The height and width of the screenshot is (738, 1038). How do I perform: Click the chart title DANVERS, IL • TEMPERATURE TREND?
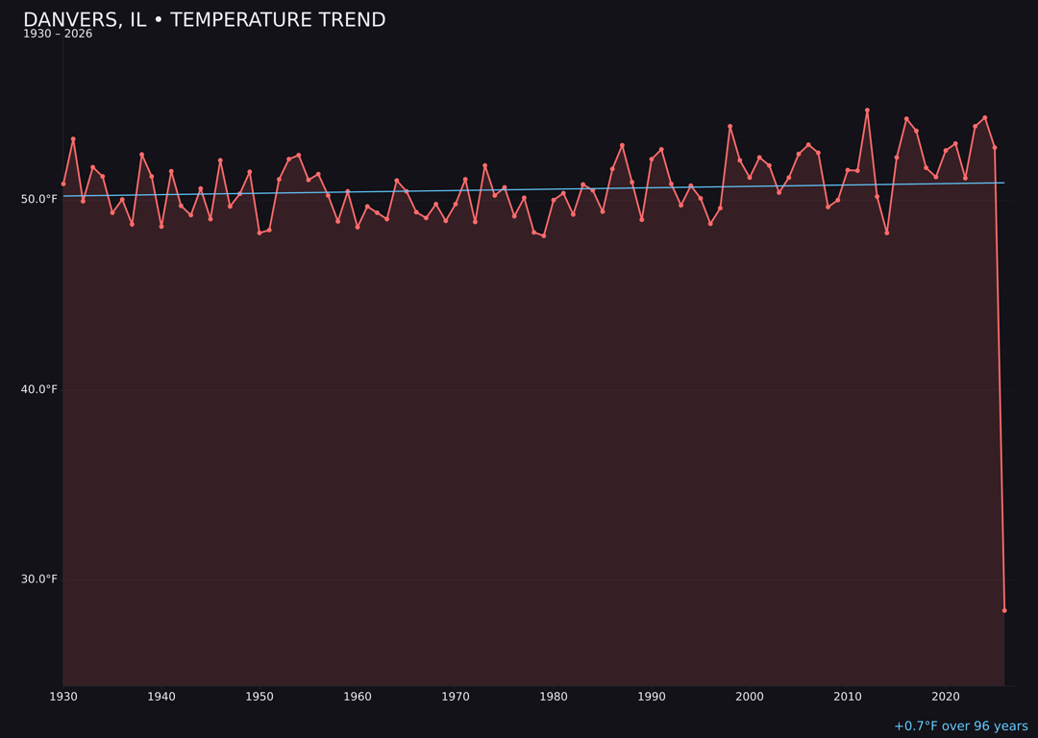[x=204, y=20]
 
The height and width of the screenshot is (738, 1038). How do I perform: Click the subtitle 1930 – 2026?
[x=58, y=35]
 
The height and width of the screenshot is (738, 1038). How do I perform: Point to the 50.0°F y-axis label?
[x=39, y=199]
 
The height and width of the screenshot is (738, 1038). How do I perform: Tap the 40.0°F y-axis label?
[x=39, y=389]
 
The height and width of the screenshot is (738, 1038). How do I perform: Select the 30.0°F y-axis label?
[x=39, y=578]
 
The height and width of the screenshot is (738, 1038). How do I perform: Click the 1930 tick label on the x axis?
[x=62, y=696]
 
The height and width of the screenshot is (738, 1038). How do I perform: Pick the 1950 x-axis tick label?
[x=259, y=696]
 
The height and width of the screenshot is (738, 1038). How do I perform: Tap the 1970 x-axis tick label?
[x=456, y=696]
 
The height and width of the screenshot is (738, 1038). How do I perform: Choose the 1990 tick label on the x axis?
[x=652, y=696]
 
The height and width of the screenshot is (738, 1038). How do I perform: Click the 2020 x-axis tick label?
[x=946, y=696]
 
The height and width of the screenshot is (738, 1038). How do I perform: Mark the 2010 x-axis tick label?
[x=848, y=696]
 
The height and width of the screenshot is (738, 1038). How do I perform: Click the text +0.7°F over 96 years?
[x=960, y=726]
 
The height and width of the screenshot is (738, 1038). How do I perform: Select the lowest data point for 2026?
[x=1004, y=610]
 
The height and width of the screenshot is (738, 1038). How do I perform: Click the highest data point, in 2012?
[x=867, y=111]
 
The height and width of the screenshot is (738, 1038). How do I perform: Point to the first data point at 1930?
[x=63, y=184]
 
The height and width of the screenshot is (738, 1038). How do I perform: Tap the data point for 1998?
[x=729, y=126]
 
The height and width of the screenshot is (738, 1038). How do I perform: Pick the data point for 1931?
[x=73, y=139]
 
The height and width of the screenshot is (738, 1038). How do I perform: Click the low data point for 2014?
[x=887, y=233]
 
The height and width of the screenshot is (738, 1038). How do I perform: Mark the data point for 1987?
[x=622, y=145]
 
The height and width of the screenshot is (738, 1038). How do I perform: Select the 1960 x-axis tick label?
[x=358, y=696]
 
